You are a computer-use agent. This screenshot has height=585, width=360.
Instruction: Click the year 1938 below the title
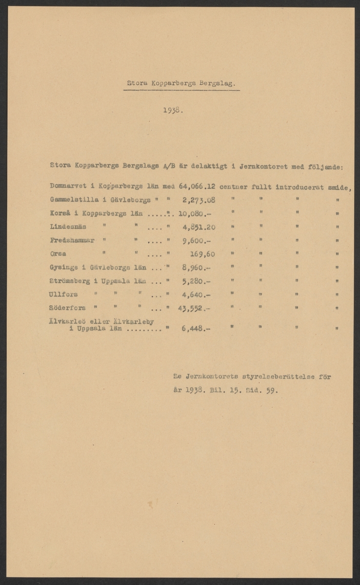coord(173,110)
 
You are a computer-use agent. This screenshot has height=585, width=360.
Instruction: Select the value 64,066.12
coord(198,186)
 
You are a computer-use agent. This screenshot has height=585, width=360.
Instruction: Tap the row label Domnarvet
coord(68,186)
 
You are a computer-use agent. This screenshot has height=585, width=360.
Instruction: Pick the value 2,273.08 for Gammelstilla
coord(199,199)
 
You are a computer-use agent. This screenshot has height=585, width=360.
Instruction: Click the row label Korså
coord(60,213)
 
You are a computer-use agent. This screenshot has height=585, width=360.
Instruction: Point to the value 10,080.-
coord(195,214)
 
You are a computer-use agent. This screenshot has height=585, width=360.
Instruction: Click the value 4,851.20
coord(199,227)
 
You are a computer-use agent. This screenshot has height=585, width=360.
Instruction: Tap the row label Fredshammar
coord(70,240)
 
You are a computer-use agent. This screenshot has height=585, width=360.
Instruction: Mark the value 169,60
coord(202,254)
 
